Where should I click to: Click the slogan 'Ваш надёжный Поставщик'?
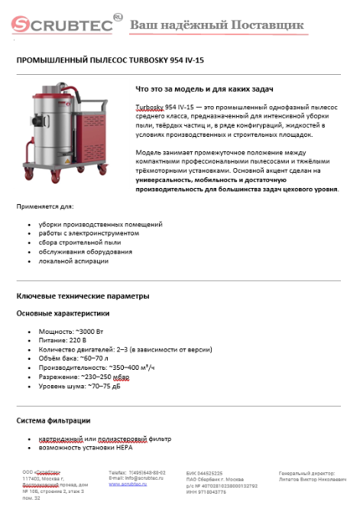(x=216, y=26)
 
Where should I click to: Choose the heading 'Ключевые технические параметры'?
(x=83, y=296)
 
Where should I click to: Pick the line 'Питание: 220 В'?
(x=63, y=341)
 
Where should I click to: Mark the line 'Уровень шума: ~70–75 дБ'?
(x=79, y=385)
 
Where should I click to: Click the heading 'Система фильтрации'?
(x=54, y=420)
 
